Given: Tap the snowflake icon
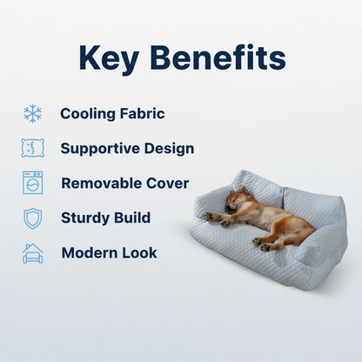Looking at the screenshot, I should [32, 113].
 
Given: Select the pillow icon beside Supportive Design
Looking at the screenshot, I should [32, 148].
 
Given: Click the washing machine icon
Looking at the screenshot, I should [32, 183].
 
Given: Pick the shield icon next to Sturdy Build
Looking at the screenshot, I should [32, 218].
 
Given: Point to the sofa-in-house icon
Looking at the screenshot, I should [32, 253].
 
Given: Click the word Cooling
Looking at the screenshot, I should [89, 113].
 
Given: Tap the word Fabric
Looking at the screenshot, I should [143, 113].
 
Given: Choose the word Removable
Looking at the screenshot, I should [102, 184].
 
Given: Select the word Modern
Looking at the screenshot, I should [89, 253].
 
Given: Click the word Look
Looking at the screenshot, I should [140, 253].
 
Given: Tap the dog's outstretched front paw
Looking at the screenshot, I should [208, 216].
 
